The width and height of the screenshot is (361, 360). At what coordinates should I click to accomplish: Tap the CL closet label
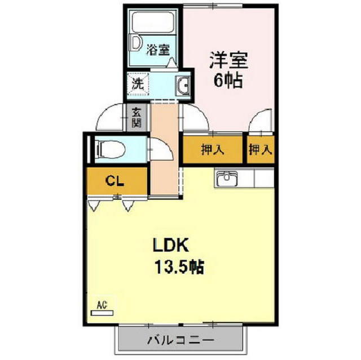point(115,181)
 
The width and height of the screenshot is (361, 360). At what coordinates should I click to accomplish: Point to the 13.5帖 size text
point(179,266)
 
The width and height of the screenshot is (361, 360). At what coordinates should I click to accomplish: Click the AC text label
point(102,305)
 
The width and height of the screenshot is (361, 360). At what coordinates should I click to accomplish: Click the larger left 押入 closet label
point(213,150)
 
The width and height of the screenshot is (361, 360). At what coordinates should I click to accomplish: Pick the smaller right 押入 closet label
point(261,150)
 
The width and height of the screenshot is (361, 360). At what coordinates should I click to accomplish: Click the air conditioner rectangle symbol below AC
point(102,312)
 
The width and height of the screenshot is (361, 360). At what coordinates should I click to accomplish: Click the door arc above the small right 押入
point(260,122)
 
